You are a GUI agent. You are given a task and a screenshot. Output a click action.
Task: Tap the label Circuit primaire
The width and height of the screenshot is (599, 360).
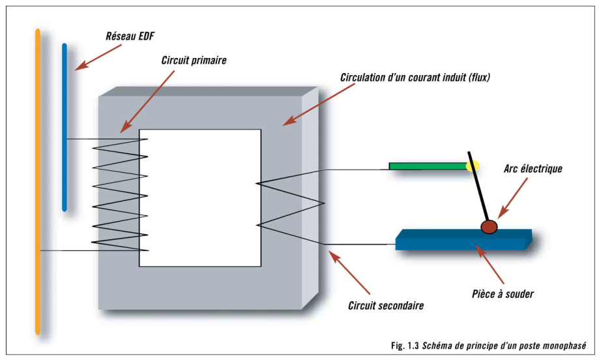[194, 60]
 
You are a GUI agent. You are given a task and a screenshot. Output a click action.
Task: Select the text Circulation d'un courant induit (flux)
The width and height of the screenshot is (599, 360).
[415, 78]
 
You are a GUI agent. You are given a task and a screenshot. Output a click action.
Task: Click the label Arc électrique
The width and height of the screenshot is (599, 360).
[533, 169]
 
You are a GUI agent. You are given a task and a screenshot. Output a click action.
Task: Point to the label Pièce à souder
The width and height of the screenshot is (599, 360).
[503, 294]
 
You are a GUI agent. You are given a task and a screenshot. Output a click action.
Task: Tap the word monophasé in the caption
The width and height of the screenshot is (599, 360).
[562, 346]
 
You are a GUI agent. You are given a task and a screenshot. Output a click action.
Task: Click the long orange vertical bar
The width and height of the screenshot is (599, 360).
[38, 183]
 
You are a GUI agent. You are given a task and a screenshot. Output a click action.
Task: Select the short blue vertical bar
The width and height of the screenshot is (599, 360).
[64, 127]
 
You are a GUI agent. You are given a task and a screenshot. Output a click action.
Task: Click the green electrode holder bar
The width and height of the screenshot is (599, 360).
[427, 166]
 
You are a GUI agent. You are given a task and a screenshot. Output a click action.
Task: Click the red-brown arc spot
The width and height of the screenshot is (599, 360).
[488, 226]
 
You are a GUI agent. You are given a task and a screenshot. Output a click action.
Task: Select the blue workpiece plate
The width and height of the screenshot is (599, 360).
[463, 239]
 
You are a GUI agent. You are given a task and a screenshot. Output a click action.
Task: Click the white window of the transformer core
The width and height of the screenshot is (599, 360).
[200, 197]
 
